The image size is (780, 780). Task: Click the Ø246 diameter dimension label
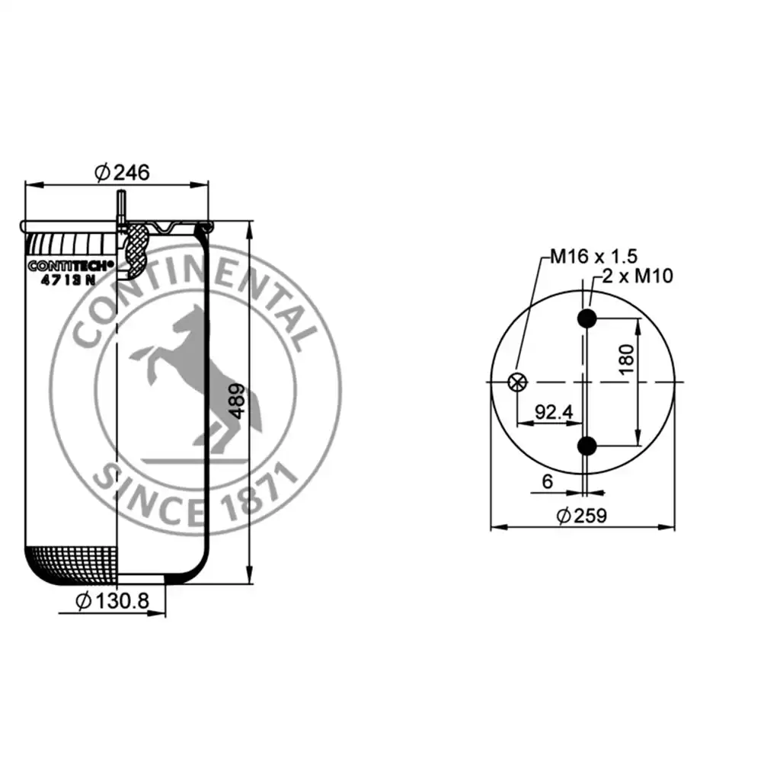pyautogui.click(x=122, y=172)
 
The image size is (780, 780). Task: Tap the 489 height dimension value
pyautogui.click(x=238, y=401)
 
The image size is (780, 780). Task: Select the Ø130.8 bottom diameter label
pyautogui.click(x=113, y=601)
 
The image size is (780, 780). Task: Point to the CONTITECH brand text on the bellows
pyautogui.click(x=71, y=266)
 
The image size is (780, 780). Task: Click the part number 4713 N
pyautogui.click(x=68, y=280)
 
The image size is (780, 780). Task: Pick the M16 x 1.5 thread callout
pyautogui.click(x=593, y=256)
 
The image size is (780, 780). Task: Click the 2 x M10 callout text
pyautogui.click(x=638, y=276)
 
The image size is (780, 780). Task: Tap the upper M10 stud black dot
pyautogui.click(x=587, y=319)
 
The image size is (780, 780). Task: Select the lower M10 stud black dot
pyautogui.click(x=587, y=446)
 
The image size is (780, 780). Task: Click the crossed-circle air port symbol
pyautogui.click(x=517, y=382)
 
